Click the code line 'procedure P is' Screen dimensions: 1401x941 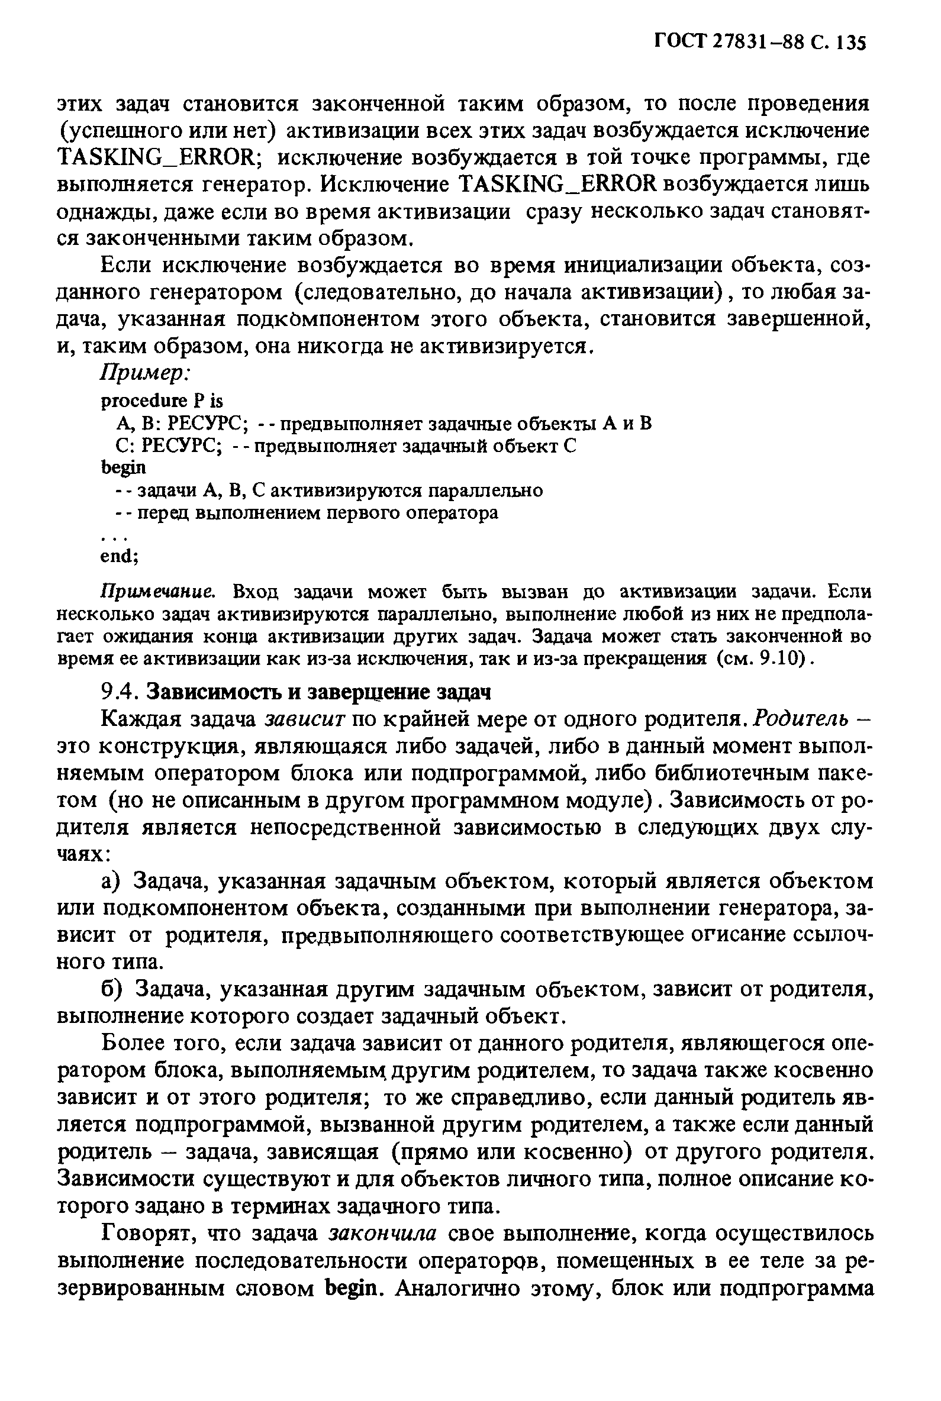pyautogui.click(x=162, y=399)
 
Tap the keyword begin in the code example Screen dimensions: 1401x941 pyautogui.click(x=123, y=467)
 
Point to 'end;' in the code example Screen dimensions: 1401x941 pyautogui.click(x=119, y=556)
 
